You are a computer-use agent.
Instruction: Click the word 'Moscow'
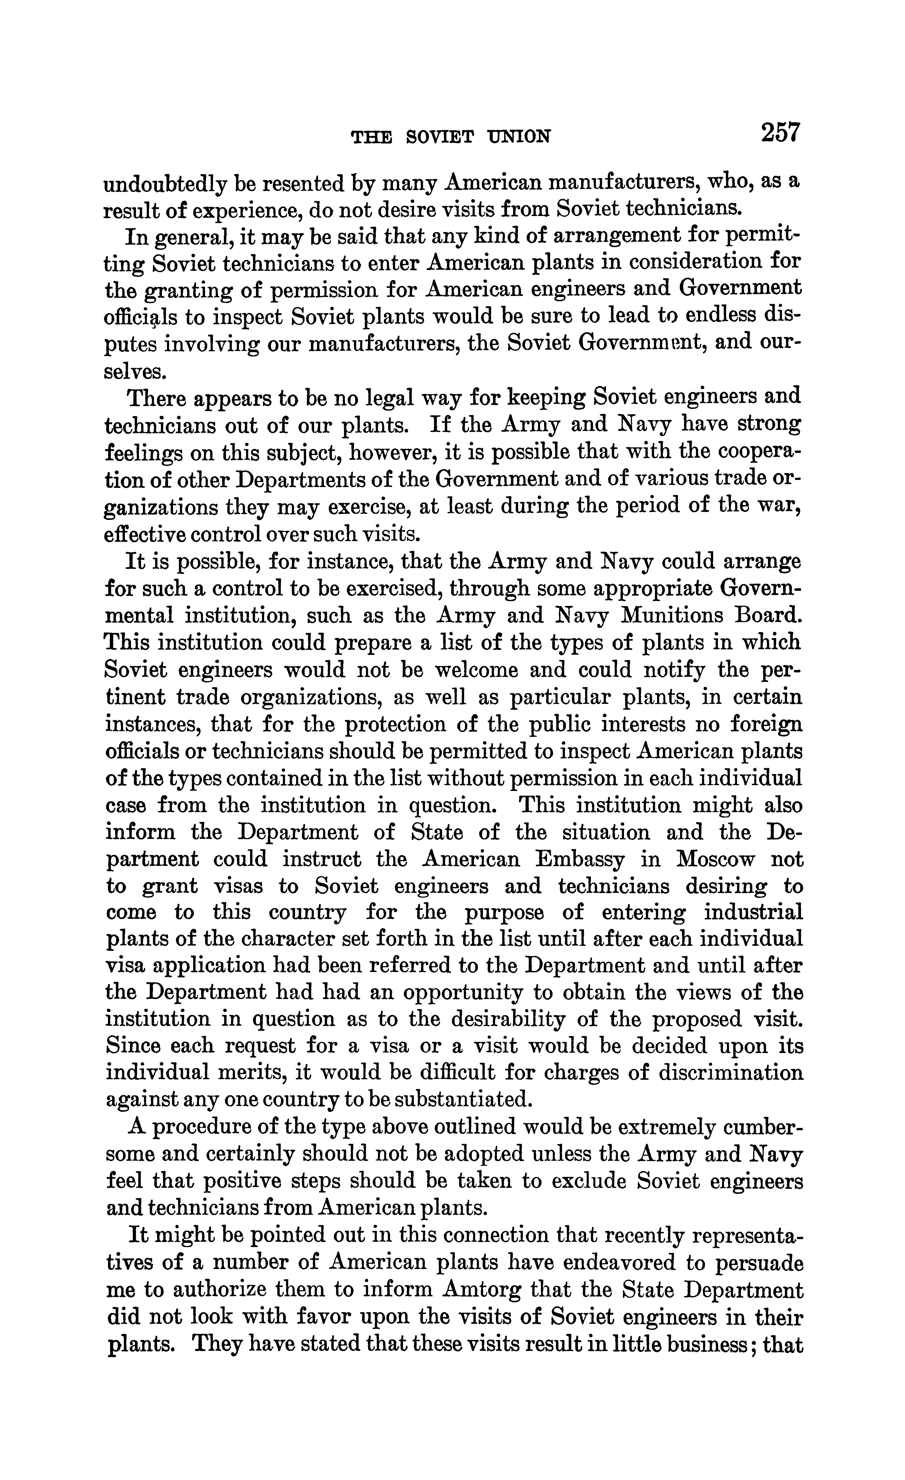715,860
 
